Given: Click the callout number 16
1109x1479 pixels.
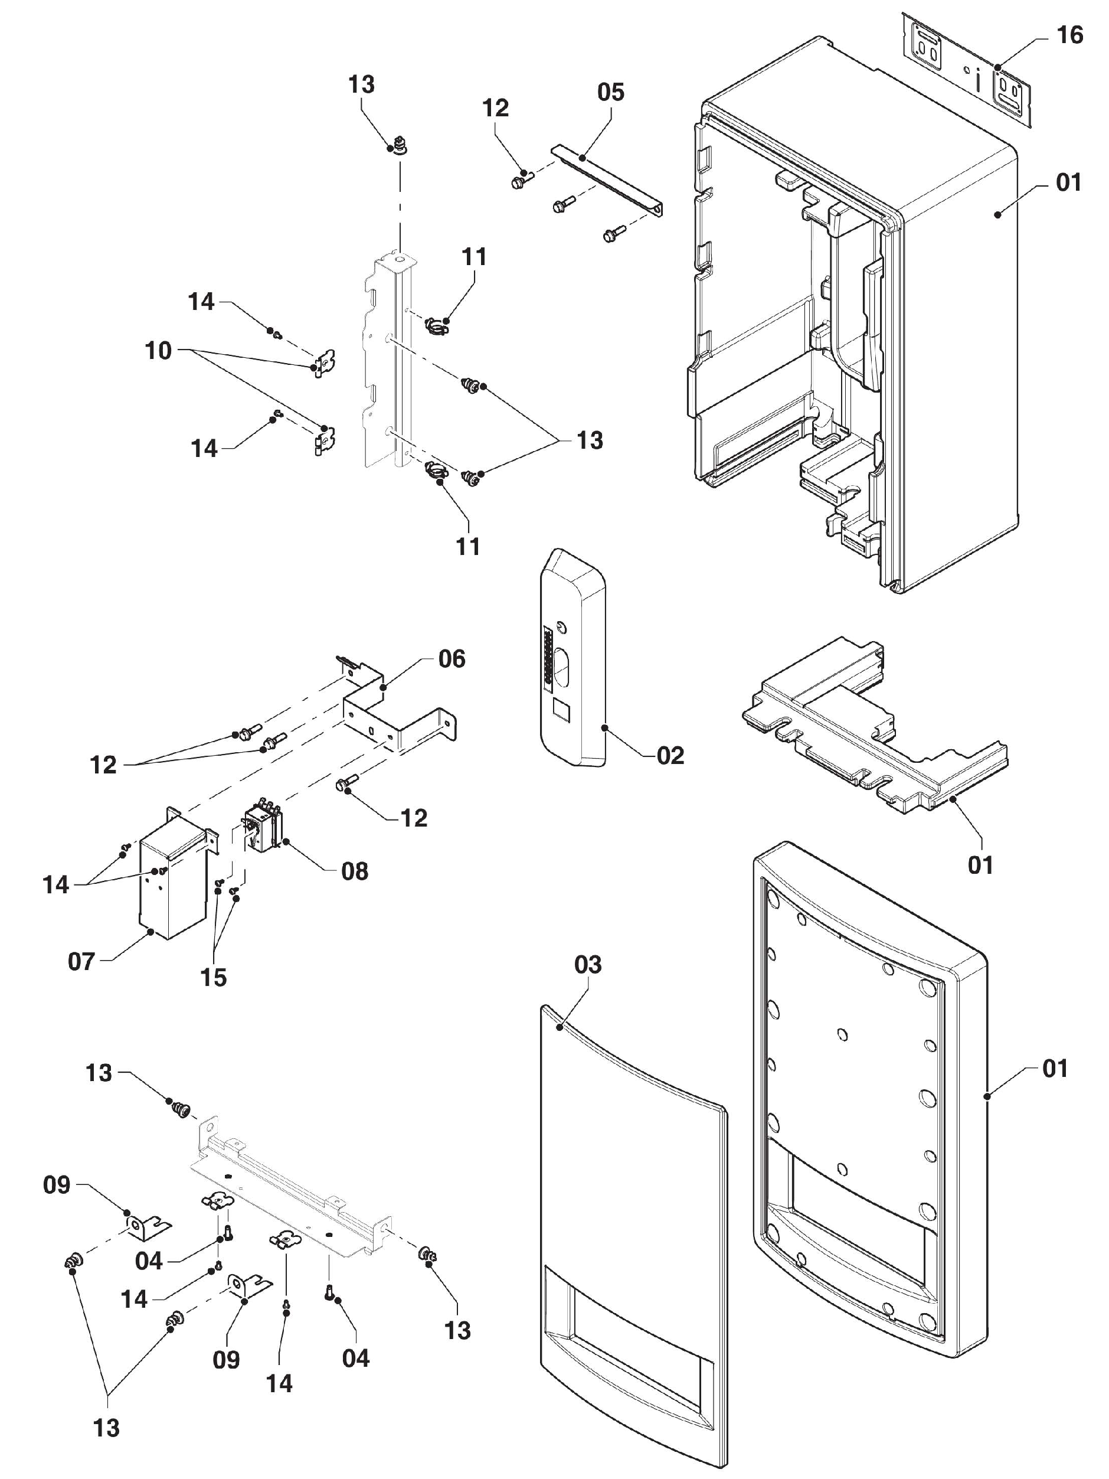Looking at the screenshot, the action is point(1069,35).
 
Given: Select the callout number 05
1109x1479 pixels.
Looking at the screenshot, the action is point(610,92).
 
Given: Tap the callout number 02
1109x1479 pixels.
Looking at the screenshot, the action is point(670,756).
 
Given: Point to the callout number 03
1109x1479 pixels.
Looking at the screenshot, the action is point(588,964).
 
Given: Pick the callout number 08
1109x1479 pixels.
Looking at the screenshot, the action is point(354,871).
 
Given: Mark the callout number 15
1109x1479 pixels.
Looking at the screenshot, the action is point(214,978).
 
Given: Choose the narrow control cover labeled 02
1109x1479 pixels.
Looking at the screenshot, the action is point(573,658).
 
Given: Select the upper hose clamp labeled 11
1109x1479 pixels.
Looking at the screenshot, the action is point(437,327).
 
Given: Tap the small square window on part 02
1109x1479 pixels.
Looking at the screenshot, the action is point(561,711).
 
